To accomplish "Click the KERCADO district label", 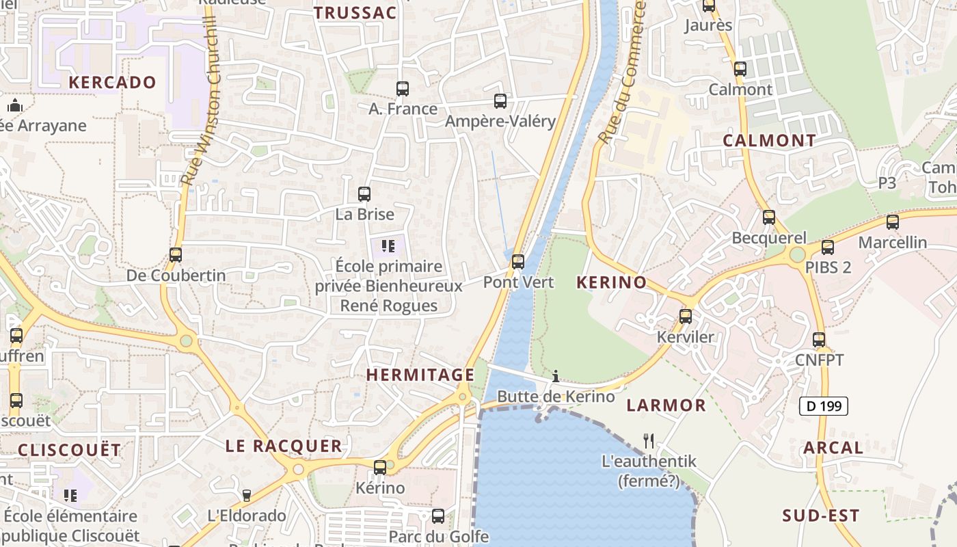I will point(112,83).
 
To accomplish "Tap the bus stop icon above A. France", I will point(403,89).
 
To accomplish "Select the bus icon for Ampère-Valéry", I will point(500,101).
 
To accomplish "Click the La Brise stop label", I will point(364,214).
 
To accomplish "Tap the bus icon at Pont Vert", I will point(518,262).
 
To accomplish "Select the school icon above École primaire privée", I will point(388,246).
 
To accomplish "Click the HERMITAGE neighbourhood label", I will point(420,375).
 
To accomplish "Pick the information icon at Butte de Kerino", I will point(556,376).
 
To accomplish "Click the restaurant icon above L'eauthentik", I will point(649,440).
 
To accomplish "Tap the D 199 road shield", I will point(824,406).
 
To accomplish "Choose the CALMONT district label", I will point(769,141).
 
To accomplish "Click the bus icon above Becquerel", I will point(769,217).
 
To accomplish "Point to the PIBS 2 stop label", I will point(828,267).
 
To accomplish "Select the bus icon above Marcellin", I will point(892,222).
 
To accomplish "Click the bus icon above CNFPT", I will point(819,340).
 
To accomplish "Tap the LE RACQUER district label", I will point(284,446).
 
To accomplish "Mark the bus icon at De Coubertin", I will point(176,255).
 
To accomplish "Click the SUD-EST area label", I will point(820,516).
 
